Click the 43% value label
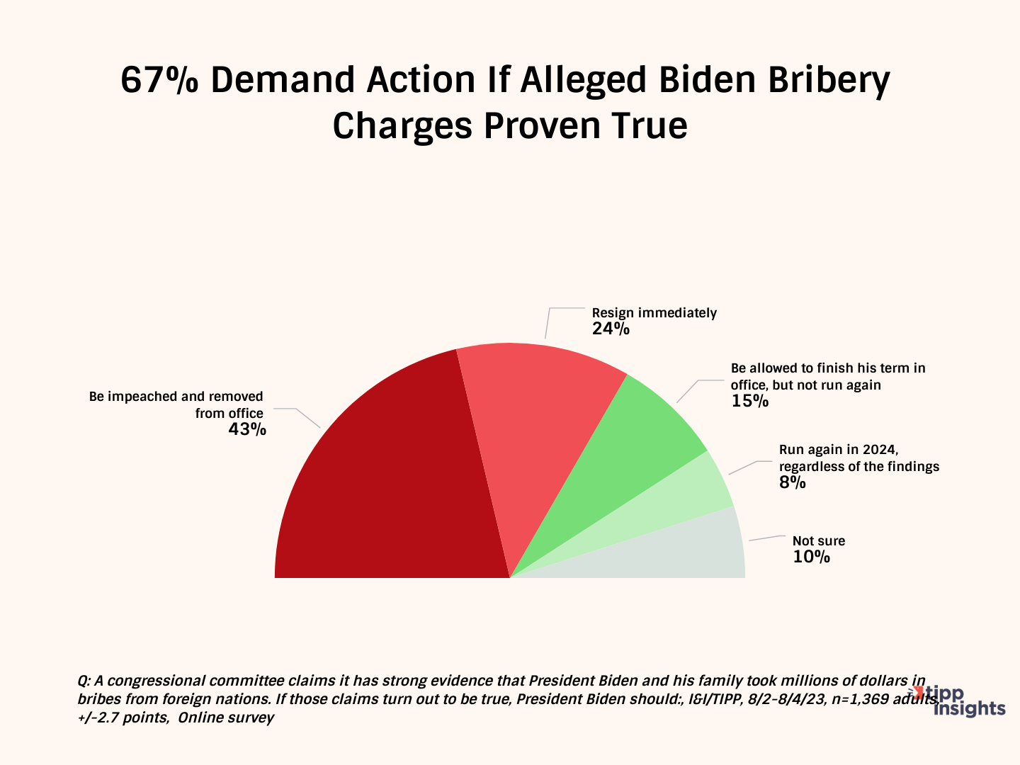[x=247, y=429]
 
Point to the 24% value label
[x=611, y=329]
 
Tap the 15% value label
[x=749, y=402]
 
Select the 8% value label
[x=793, y=483]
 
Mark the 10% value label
[x=811, y=557]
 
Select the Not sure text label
[x=819, y=541]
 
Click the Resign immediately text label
[x=654, y=313]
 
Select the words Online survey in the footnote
[x=226, y=718]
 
